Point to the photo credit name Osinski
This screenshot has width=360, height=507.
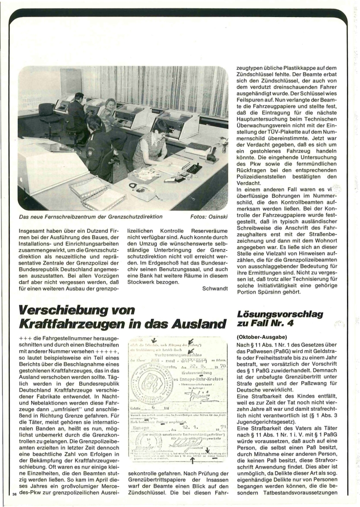216,216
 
